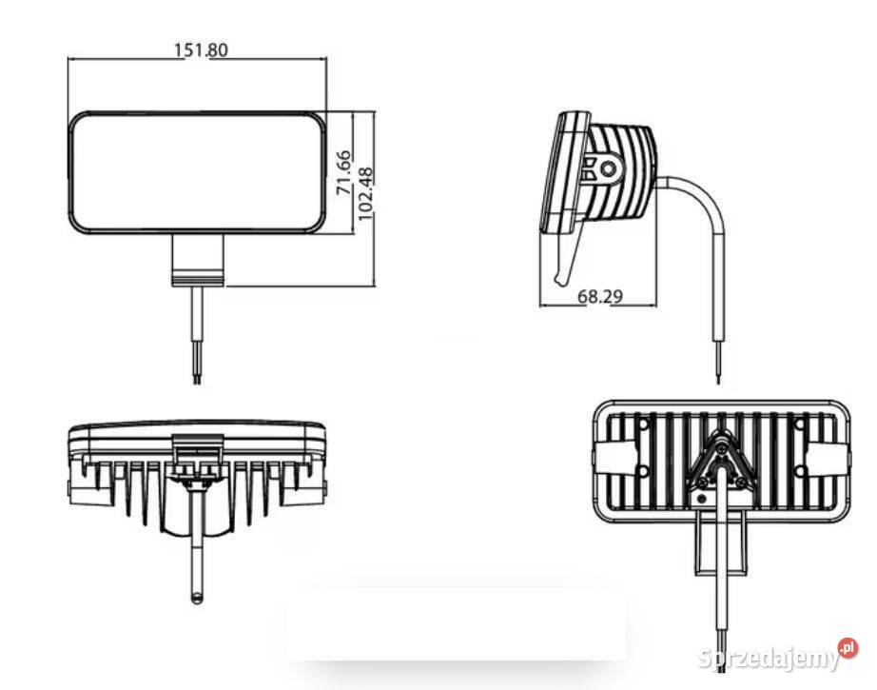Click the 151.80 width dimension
click(201, 49)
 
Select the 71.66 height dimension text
click(344, 172)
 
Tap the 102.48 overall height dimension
click(365, 194)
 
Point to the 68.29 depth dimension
click(599, 297)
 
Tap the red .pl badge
click(848, 649)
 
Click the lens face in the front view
click(198, 172)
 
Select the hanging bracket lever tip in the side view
click(562, 277)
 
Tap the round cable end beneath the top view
click(197, 597)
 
